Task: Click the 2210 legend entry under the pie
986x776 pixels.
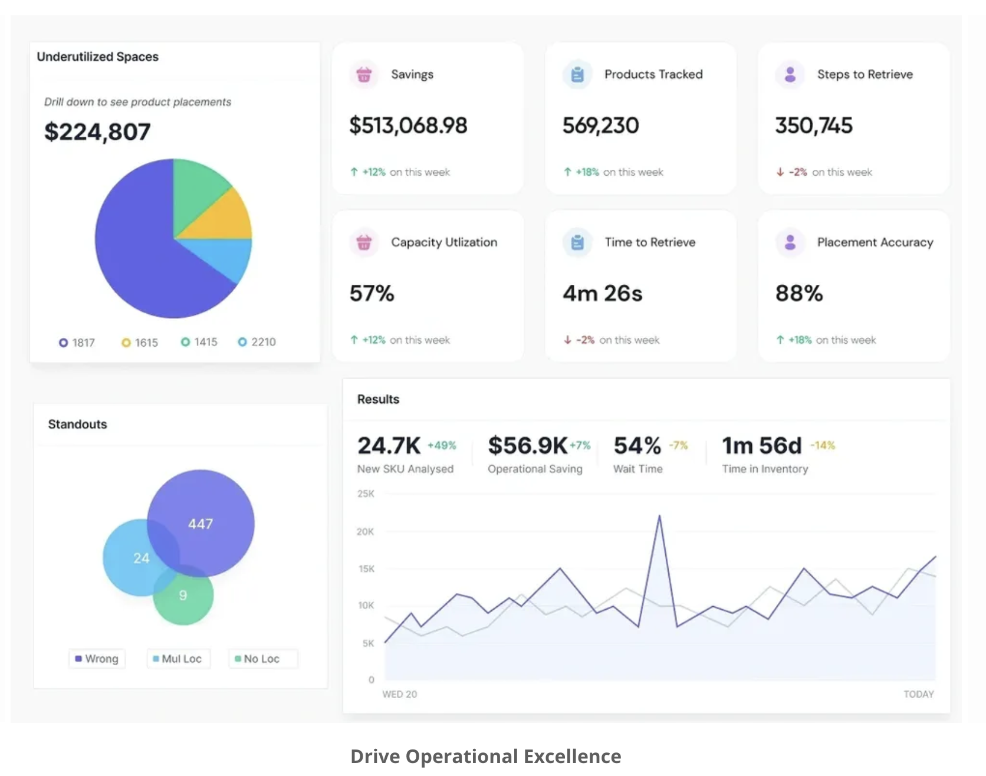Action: tap(257, 342)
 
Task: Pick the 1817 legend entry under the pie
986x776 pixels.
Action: tap(77, 343)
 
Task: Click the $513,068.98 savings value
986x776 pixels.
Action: tap(408, 125)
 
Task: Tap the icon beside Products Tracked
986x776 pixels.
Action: tap(577, 74)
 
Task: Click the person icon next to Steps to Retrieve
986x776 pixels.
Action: tap(790, 74)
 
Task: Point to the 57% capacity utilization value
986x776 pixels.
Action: tap(372, 293)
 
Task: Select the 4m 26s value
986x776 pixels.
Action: tap(602, 293)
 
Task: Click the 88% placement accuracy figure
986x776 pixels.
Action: tap(799, 293)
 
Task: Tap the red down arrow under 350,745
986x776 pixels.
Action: tap(780, 172)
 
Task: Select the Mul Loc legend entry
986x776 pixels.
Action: tap(179, 659)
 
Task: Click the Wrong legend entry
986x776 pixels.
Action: tap(97, 659)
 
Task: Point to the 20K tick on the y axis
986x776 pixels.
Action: tap(365, 532)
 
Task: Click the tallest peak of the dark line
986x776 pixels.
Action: tap(659, 516)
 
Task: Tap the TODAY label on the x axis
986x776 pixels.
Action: tap(919, 694)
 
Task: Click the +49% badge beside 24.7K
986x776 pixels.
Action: tap(442, 446)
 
